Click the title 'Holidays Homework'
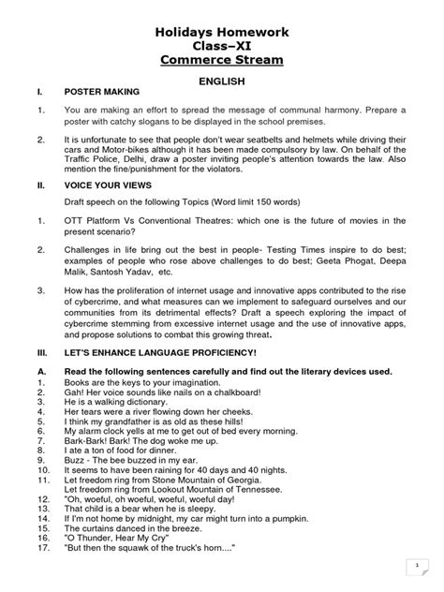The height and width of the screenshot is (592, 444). (x=221, y=34)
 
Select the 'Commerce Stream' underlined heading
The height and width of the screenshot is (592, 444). (x=221, y=65)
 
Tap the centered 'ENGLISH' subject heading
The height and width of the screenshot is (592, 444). (x=222, y=83)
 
